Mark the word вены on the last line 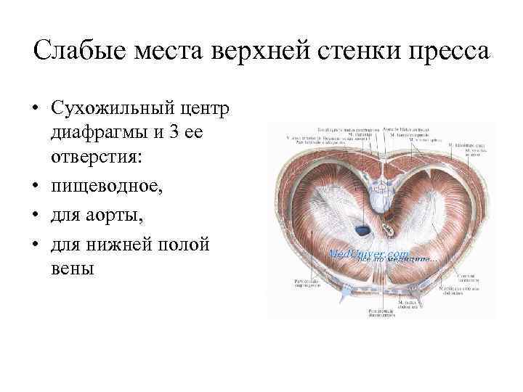pos(73,269)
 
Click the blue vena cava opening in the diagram pos(362,229)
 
